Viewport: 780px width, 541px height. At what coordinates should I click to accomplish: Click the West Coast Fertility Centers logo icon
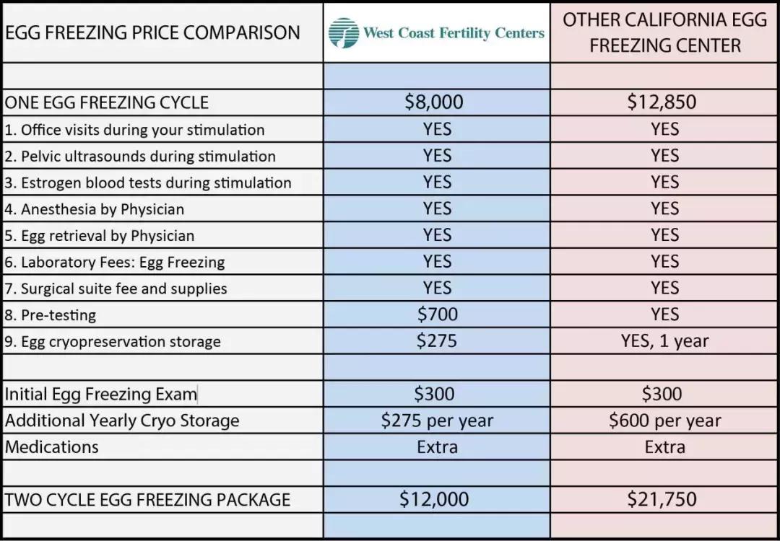344,32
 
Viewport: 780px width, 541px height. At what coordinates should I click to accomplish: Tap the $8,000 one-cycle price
434,102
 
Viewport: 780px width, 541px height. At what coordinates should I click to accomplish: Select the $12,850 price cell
662,102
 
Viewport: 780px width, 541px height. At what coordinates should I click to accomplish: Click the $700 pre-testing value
438,314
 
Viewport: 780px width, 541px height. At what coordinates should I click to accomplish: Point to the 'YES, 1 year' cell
664,340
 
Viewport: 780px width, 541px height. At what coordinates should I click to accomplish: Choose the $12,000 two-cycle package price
434,498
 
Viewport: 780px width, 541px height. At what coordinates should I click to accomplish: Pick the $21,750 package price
662,498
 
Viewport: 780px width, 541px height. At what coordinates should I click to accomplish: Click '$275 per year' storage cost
438,420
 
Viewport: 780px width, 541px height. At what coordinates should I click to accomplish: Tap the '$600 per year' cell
664,420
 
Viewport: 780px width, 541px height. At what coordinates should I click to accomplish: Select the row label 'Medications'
51,447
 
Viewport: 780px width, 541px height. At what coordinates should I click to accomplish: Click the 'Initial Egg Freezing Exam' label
100,394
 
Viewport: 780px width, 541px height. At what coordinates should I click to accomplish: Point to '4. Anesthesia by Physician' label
94,209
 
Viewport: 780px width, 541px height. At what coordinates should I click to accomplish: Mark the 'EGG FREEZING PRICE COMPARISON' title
152,32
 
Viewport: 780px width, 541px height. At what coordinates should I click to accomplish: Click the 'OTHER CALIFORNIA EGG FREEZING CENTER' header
664,32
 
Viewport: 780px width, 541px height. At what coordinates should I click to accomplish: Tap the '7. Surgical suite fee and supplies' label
116,289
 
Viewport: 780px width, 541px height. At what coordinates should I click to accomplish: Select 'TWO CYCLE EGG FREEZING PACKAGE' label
147,499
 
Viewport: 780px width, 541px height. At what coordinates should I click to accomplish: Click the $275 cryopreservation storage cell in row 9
437,340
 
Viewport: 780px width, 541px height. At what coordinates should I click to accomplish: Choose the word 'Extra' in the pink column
664,447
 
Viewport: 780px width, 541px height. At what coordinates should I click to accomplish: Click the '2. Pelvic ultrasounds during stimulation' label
140,157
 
